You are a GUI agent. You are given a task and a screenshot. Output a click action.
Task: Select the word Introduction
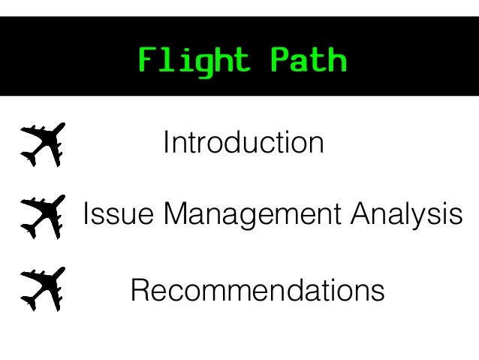click(x=243, y=143)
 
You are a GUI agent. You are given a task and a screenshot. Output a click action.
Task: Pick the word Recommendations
click(x=258, y=289)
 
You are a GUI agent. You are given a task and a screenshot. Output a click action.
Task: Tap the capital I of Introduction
click(x=167, y=143)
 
